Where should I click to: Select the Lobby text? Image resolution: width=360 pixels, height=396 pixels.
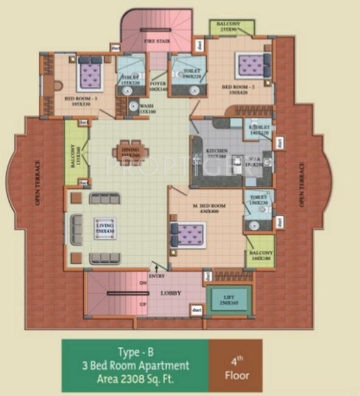pyautogui.click(x=171, y=293)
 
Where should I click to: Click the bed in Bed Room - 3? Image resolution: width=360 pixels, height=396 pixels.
pyautogui.click(x=90, y=73)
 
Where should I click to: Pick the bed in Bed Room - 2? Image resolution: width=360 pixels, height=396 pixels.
pyautogui.click(x=252, y=64)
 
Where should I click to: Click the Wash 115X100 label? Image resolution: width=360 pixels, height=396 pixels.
pyautogui.click(x=147, y=108)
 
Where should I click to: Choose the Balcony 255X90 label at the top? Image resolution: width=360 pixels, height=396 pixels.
pyautogui.click(x=228, y=27)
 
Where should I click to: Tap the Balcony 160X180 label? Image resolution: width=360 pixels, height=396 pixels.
pyautogui.click(x=260, y=255)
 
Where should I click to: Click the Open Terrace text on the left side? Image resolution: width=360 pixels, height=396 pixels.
pyautogui.click(x=37, y=182)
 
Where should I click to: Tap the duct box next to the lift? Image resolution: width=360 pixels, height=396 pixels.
pyautogui.click(x=196, y=310)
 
